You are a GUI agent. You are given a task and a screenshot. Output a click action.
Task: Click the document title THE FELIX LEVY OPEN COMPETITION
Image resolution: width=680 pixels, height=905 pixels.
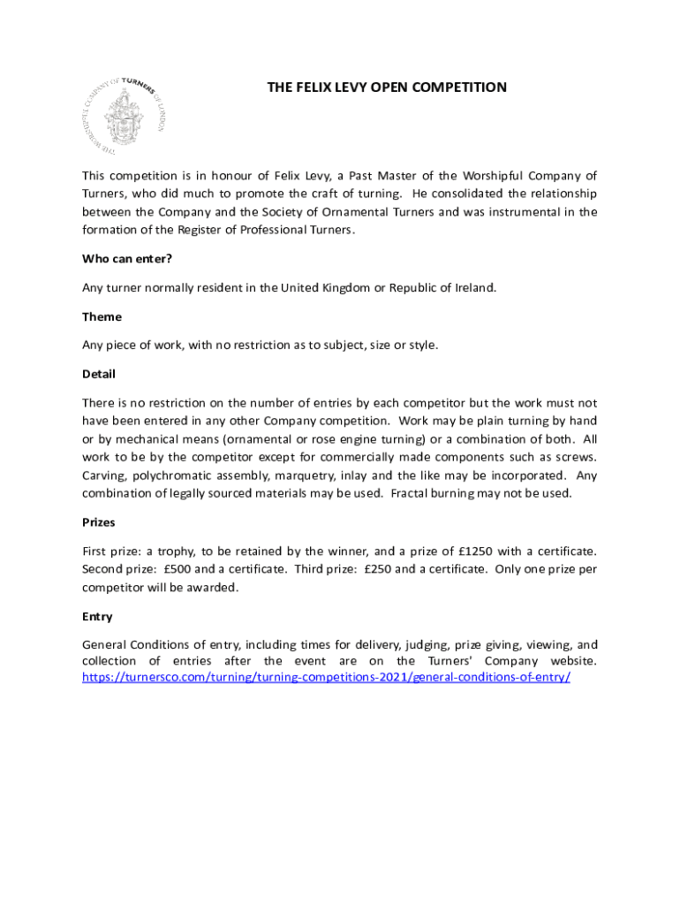(387, 87)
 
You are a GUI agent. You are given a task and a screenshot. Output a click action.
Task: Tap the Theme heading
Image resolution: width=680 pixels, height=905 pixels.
(102, 316)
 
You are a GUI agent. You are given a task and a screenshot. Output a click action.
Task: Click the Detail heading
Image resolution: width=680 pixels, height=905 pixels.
(99, 374)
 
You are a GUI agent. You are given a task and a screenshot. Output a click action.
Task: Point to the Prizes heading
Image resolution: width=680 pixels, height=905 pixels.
(99, 522)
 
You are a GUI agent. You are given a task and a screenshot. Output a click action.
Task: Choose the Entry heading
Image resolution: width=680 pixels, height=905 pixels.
(97, 616)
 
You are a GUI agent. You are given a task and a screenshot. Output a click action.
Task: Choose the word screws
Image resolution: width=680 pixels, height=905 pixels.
(574, 457)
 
